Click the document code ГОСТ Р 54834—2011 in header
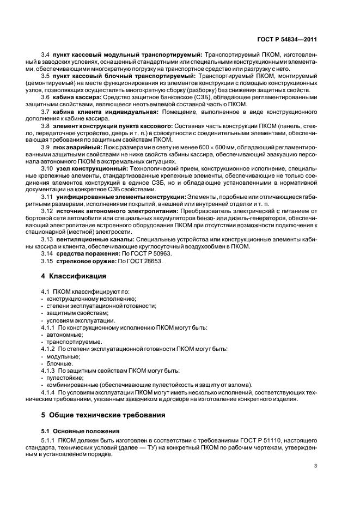tap(288, 40)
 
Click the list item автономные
tap(64, 335)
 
